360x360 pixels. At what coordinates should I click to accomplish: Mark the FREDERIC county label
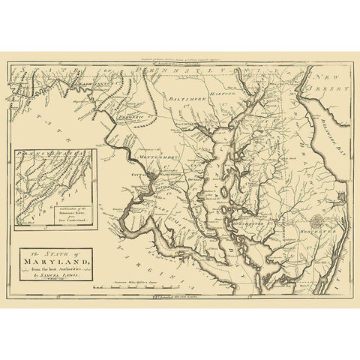pyautogui.click(x=134, y=118)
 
